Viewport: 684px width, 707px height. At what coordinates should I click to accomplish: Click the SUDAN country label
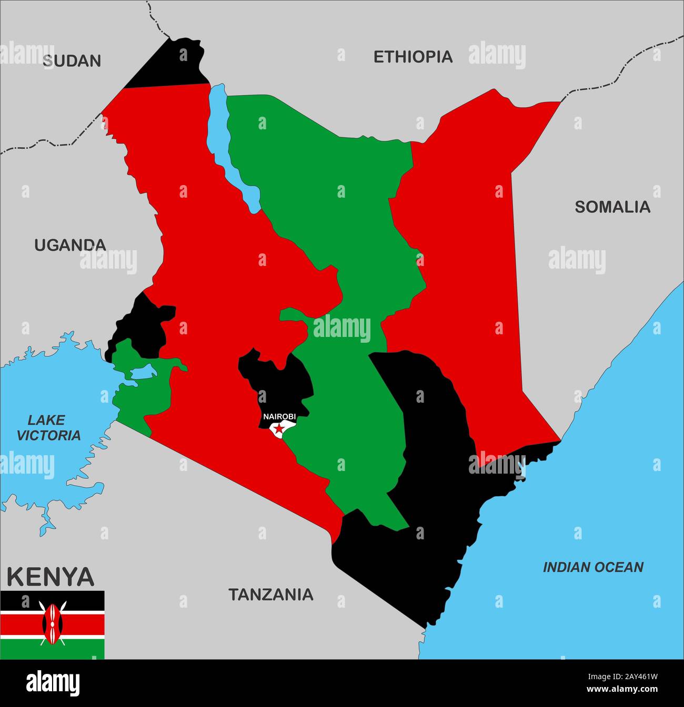tap(72, 61)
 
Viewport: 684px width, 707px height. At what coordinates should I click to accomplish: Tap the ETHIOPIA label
tap(413, 57)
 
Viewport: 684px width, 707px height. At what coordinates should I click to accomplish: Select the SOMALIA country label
tap(612, 207)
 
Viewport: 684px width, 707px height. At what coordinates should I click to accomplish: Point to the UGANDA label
tap(70, 245)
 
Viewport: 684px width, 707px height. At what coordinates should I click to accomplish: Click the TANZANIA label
tap(270, 595)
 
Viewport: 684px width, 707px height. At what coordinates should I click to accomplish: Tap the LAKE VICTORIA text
tap(48, 427)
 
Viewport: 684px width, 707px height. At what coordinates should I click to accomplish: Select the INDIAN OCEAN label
tap(593, 567)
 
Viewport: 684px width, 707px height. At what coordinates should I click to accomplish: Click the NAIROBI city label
tap(279, 416)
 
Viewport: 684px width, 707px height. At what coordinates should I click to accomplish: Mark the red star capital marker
tap(279, 429)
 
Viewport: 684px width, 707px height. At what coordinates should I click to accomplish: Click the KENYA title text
tap(51, 577)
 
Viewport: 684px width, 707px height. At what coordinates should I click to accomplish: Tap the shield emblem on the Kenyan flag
tap(52, 624)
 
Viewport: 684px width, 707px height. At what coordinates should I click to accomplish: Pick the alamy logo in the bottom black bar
tap(53, 684)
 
